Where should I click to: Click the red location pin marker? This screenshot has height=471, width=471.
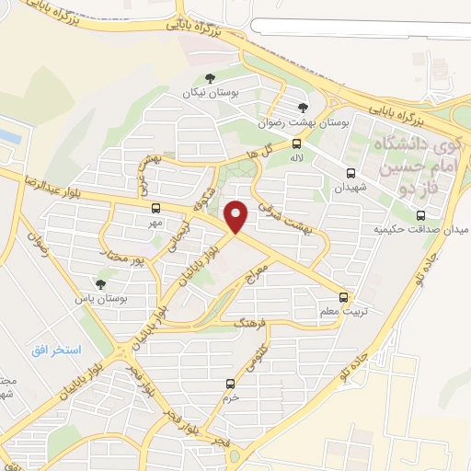[x=237, y=216]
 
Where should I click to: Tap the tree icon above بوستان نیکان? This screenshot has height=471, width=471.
[x=211, y=78]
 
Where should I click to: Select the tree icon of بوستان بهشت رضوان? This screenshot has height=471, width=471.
[x=304, y=108]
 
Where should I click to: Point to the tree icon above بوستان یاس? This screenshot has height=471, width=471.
[x=100, y=283]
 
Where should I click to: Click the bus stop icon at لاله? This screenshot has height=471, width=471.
[x=296, y=144]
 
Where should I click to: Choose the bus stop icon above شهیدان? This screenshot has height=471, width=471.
[x=350, y=172]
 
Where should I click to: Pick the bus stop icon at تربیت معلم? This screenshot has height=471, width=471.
[x=344, y=296]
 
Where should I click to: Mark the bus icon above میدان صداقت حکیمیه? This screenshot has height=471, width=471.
[x=420, y=214]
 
